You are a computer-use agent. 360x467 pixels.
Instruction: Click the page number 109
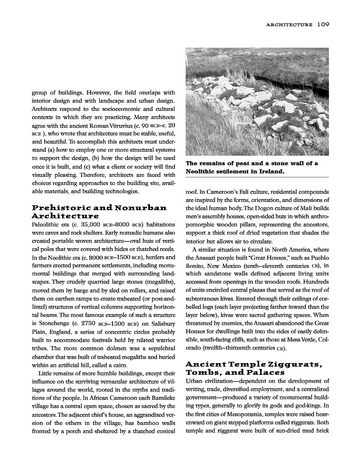pos(323,25)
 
